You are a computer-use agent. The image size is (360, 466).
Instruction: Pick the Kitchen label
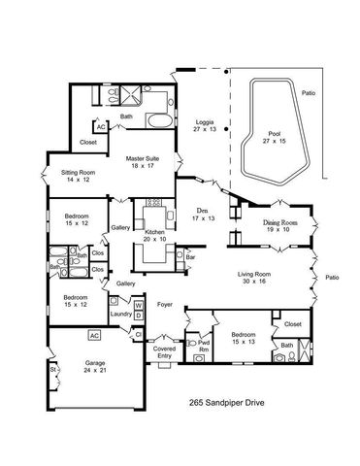155,233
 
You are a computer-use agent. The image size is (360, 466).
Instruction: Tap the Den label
204,212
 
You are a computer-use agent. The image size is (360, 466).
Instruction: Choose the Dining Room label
279,223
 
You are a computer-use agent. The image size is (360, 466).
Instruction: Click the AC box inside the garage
94,335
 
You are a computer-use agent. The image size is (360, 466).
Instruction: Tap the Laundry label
120,315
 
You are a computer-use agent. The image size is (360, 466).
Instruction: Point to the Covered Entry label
164,350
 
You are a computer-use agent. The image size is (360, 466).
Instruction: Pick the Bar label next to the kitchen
190,258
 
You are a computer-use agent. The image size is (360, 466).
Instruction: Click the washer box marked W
138,304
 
